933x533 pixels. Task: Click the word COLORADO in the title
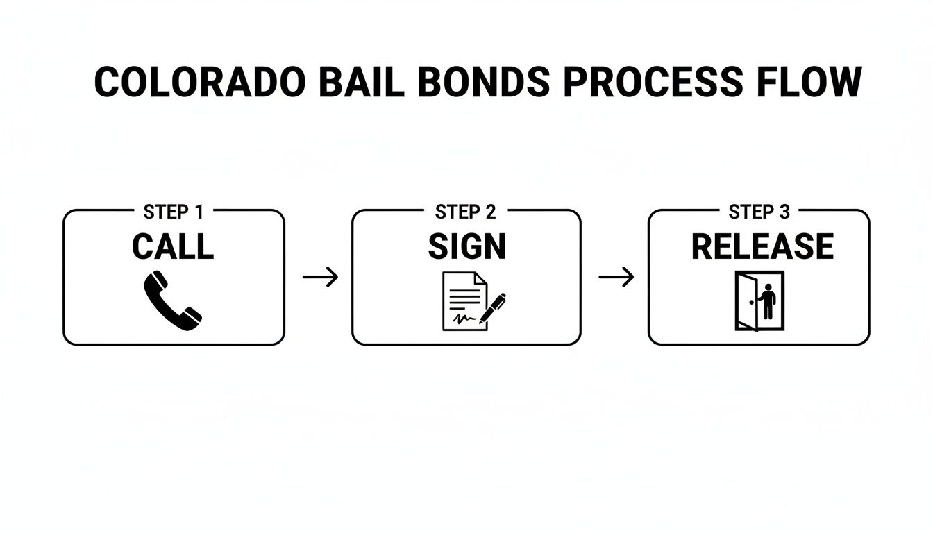point(199,83)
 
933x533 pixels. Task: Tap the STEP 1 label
point(173,212)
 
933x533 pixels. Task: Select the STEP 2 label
point(466,212)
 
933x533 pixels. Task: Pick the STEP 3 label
point(759,212)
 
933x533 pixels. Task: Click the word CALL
point(173,247)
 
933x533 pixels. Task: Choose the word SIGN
point(466,247)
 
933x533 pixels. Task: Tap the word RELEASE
point(762,247)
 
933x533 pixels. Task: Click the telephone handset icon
point(172,301)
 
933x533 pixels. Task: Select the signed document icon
point(462,301)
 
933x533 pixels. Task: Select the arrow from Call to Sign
point(320,278)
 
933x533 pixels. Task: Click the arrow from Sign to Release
point(616,278)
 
